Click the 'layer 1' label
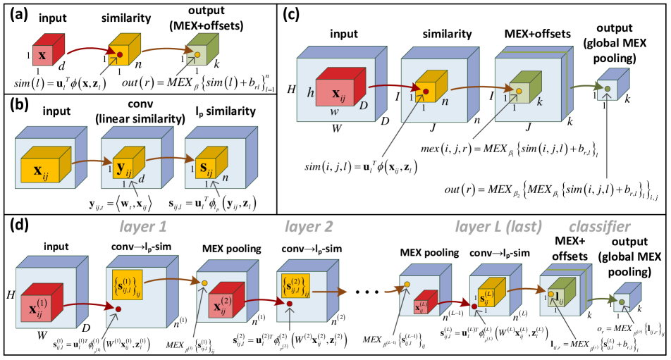[x=143, y=227]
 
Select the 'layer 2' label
[x=309, y=227]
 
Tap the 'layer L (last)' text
[x=498, y=227]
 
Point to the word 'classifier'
[x=599, y=227]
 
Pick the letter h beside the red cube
[x=310, y=92]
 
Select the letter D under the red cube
[x=364, y=106]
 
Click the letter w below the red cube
[x=335, y=111]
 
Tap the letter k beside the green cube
[x=539, y=102]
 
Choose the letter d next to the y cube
[x=142, y=178]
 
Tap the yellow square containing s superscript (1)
[x=127, y=285]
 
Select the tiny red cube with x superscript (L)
[x=421, y=306]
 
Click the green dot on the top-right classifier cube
[x=607, y=89]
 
